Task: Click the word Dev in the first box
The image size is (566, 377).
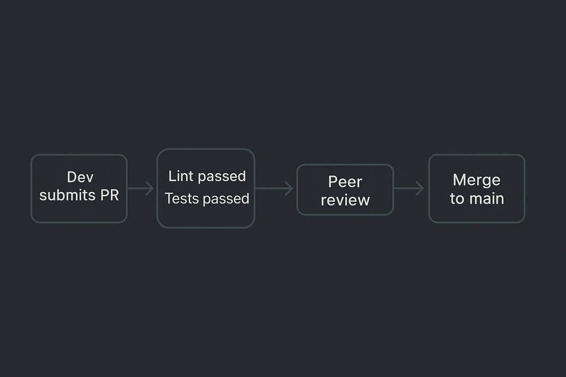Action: click(x=80, y=177)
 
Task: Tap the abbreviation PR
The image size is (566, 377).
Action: click(x=108, y=195)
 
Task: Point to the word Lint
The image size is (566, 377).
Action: click(x=181, y=176)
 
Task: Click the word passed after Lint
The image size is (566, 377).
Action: click(x=222, y=177)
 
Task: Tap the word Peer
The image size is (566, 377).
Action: click(x=345, y=182)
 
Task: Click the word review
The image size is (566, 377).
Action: click(x=345, y=200)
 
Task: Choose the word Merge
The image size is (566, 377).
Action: click(x=476, y=180)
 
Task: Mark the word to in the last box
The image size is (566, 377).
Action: click(x=457, y=199)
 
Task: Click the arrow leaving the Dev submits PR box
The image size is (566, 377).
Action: click(x=140, y=188)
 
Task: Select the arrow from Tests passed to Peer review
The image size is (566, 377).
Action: click(x=274, y=188)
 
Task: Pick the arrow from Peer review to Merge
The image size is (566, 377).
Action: click(x=408, y=188)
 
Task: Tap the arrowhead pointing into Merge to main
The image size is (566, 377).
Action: click(x=420, y=188)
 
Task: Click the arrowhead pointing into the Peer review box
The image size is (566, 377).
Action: click(x=289, y=188)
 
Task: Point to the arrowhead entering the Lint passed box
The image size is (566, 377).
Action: click(x=150, y=188)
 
